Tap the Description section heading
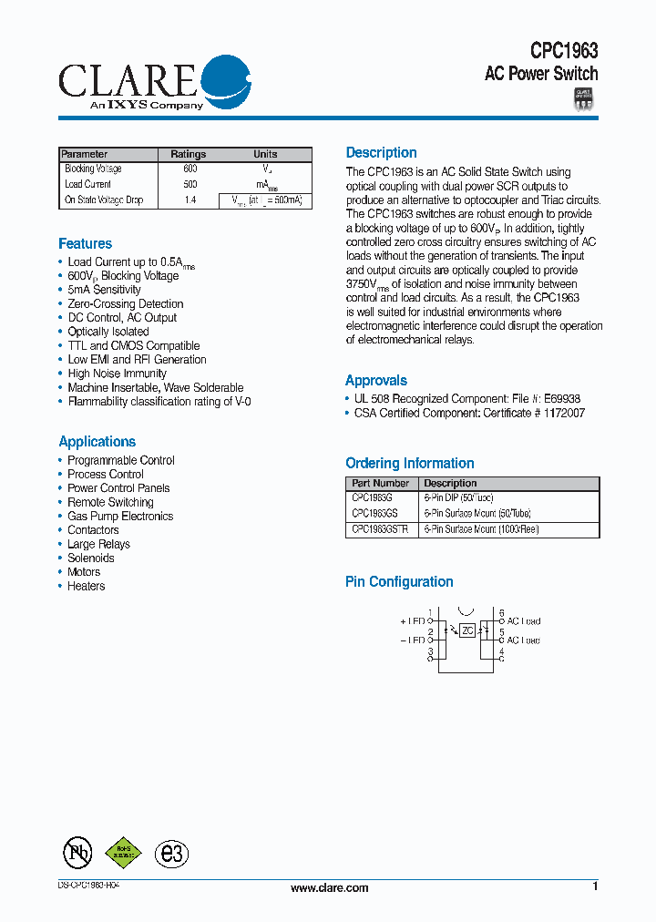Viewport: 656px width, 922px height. tap(381, 153)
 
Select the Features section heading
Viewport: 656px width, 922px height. tap(85, 244)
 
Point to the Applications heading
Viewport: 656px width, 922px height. tap(97, 442)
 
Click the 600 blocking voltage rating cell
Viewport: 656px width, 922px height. tap(190, 169)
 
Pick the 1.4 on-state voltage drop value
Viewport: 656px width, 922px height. tap(190, 200)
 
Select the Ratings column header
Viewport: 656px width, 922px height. tap(189, 154)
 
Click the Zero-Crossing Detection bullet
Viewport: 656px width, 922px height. tap(125, 304)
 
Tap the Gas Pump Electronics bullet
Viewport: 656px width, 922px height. tap(119, 517)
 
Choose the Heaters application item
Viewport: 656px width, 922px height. tap(86, 587)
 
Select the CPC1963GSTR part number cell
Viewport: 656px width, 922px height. tap(380, 529)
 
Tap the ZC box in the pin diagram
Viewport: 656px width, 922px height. tap(467, 630)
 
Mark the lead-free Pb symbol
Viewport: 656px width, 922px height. tap(77, 853)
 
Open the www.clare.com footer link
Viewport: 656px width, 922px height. tap(329, 888)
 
